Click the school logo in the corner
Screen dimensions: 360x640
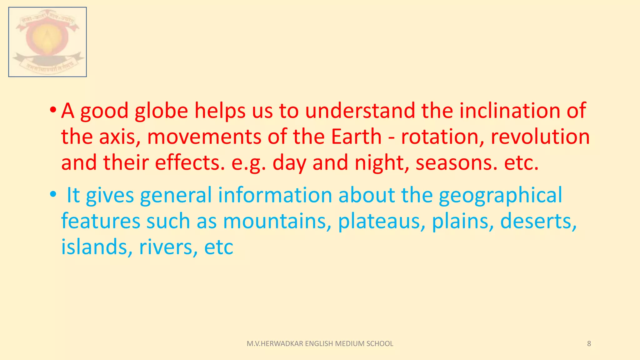[x=47, y=42]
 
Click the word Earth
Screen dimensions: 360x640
[x=356, y=137]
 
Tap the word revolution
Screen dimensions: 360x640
[x=540, y=137]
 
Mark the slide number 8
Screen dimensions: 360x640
[x=589, y=344]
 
